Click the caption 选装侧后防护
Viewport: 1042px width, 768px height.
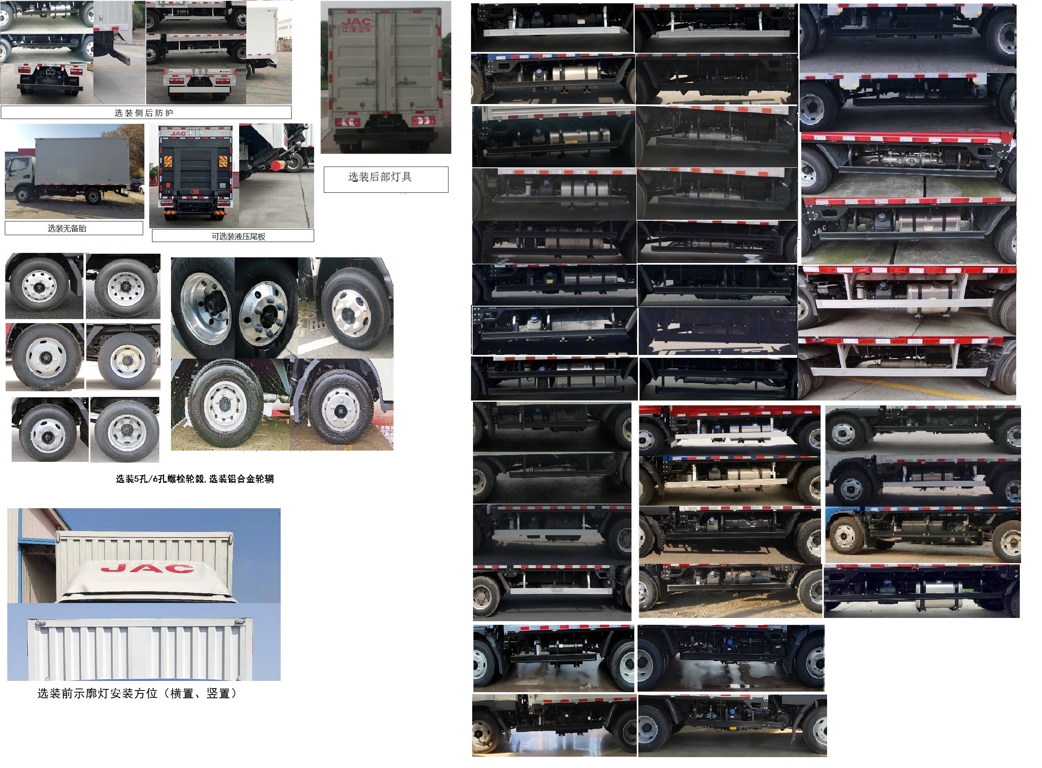pos(144,113)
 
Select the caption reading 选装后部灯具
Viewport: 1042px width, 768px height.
pos(380,177)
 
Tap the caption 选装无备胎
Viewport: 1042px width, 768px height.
pos(67,228)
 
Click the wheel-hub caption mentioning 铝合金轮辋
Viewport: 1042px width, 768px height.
pos(195,479)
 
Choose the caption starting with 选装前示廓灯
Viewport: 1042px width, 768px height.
pos(138,694)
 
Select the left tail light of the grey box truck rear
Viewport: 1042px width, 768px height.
pos(347,122)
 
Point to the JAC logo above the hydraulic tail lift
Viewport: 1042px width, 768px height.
pos(178,134)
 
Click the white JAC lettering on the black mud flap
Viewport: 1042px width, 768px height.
pos(819,230)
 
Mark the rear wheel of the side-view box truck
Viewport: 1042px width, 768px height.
pos(93,197)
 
